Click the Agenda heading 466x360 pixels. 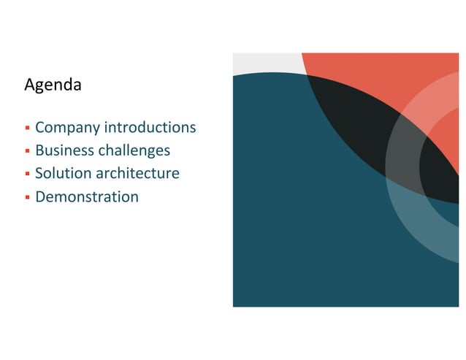53,85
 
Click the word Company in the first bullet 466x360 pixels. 68,128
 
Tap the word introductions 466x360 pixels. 150,128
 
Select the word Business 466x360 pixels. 65,150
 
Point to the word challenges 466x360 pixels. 134,150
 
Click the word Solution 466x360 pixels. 64,174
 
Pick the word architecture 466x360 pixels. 137,174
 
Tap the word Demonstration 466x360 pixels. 87,196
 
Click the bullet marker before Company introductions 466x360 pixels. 27,129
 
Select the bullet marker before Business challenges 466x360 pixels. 27,151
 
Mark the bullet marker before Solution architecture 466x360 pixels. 27,175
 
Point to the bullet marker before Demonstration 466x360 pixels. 27,197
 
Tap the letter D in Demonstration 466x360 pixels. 41,196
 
